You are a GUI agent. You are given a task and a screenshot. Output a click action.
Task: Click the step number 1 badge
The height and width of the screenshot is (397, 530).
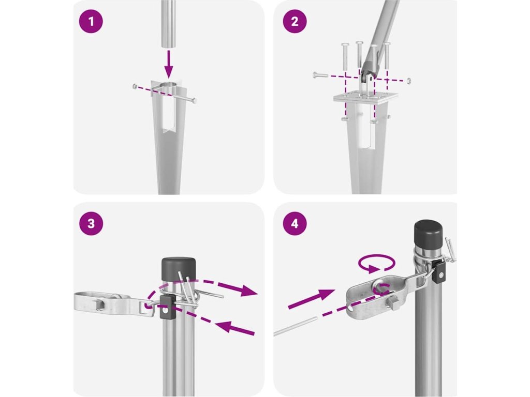[91, 21]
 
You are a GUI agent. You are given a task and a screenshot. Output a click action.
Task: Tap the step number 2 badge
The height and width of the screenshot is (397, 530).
[295, 21]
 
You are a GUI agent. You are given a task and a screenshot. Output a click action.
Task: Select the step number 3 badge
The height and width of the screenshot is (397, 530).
[91, 223]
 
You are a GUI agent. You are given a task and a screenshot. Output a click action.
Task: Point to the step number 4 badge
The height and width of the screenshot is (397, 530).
[295, 223]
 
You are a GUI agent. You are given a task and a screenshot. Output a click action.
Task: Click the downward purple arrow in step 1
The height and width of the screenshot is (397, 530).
[168, 65]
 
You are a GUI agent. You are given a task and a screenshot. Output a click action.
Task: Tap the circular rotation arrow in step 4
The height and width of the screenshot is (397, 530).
[377, 263]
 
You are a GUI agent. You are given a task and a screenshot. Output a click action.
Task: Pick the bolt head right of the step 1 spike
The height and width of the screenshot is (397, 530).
[194, 100]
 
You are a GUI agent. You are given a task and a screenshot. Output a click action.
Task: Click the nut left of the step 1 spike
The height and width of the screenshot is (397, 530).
[135, 86]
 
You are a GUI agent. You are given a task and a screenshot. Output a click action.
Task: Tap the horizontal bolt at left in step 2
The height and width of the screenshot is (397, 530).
[320, 75]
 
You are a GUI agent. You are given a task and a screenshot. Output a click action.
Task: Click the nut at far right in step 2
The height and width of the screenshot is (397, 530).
[409, 81]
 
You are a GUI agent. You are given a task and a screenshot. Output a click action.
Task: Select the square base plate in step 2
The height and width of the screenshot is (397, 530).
[365, 97]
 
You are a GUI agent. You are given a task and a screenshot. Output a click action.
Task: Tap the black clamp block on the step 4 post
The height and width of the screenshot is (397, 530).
[440, 273]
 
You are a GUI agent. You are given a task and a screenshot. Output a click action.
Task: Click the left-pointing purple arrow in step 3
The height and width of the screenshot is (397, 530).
[235, 327]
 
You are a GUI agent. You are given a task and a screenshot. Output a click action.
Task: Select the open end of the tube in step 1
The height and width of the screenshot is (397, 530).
[168, 45]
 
